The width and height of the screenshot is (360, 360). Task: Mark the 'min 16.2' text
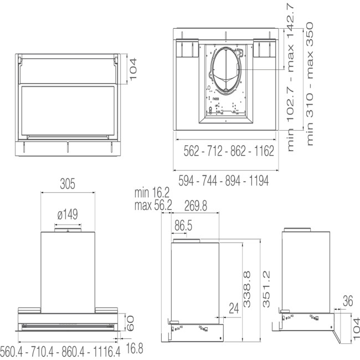152,193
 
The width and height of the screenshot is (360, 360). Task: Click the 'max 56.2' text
153,206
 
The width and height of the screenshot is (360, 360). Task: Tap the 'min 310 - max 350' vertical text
310,83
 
